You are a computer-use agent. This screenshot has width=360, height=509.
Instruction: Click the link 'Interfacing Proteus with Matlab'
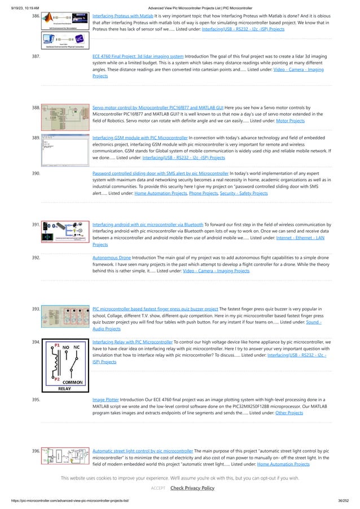pos(123,17)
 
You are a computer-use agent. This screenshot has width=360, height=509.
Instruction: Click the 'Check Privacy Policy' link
pos(192,488)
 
